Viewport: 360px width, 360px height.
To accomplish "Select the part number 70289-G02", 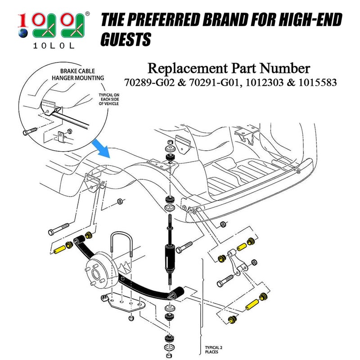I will (144, 83).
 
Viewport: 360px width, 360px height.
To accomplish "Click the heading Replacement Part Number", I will (229, 68).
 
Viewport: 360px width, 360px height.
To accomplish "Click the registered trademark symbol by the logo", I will (87, 14).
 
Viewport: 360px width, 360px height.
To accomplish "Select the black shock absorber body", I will (171, 256).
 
